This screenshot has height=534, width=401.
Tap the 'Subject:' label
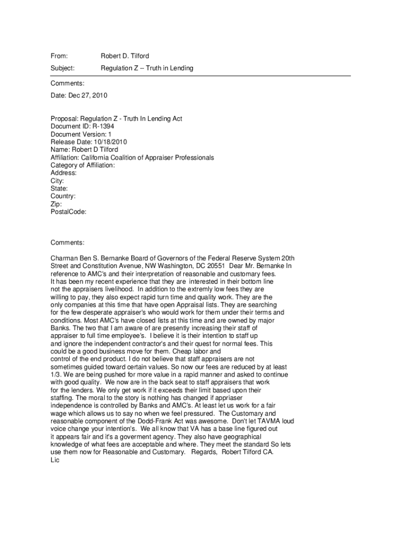[x=62, y=68]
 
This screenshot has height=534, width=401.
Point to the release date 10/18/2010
[x=108, y=142]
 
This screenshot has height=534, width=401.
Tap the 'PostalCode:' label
[x=68, y=212]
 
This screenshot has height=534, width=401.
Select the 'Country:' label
[x=63, y=196]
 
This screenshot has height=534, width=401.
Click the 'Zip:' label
[x=56, y=204]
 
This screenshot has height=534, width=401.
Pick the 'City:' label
[x=57, y=180]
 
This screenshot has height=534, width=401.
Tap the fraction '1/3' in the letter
[x=55, y=375]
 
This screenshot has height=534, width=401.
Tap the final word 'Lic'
[x=55, y=460]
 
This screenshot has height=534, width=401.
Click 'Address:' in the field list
[x=64, y=173]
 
